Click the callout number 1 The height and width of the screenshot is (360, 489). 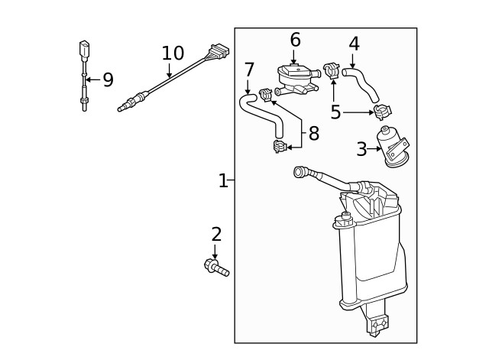(x=222, y=181)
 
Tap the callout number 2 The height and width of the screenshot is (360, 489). (x=216, y=235)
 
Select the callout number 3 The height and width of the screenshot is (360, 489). (x=361, y=149)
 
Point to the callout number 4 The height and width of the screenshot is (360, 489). (x=354, y=44)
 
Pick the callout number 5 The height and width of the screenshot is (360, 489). (x=335, y=112)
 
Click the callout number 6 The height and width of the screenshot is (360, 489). (x=295, y=40)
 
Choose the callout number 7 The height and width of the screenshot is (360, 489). (x=249, y=70)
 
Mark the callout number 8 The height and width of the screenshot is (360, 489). (x=313, y=135)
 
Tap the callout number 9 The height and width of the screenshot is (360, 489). (x=108, y=79)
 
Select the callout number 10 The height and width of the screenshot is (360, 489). (x=173, y=54)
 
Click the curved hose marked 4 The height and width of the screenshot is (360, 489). (x=361, y=82)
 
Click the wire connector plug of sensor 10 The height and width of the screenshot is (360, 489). (x=219, y=54)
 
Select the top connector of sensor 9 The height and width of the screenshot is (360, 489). (x=83, y=50)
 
